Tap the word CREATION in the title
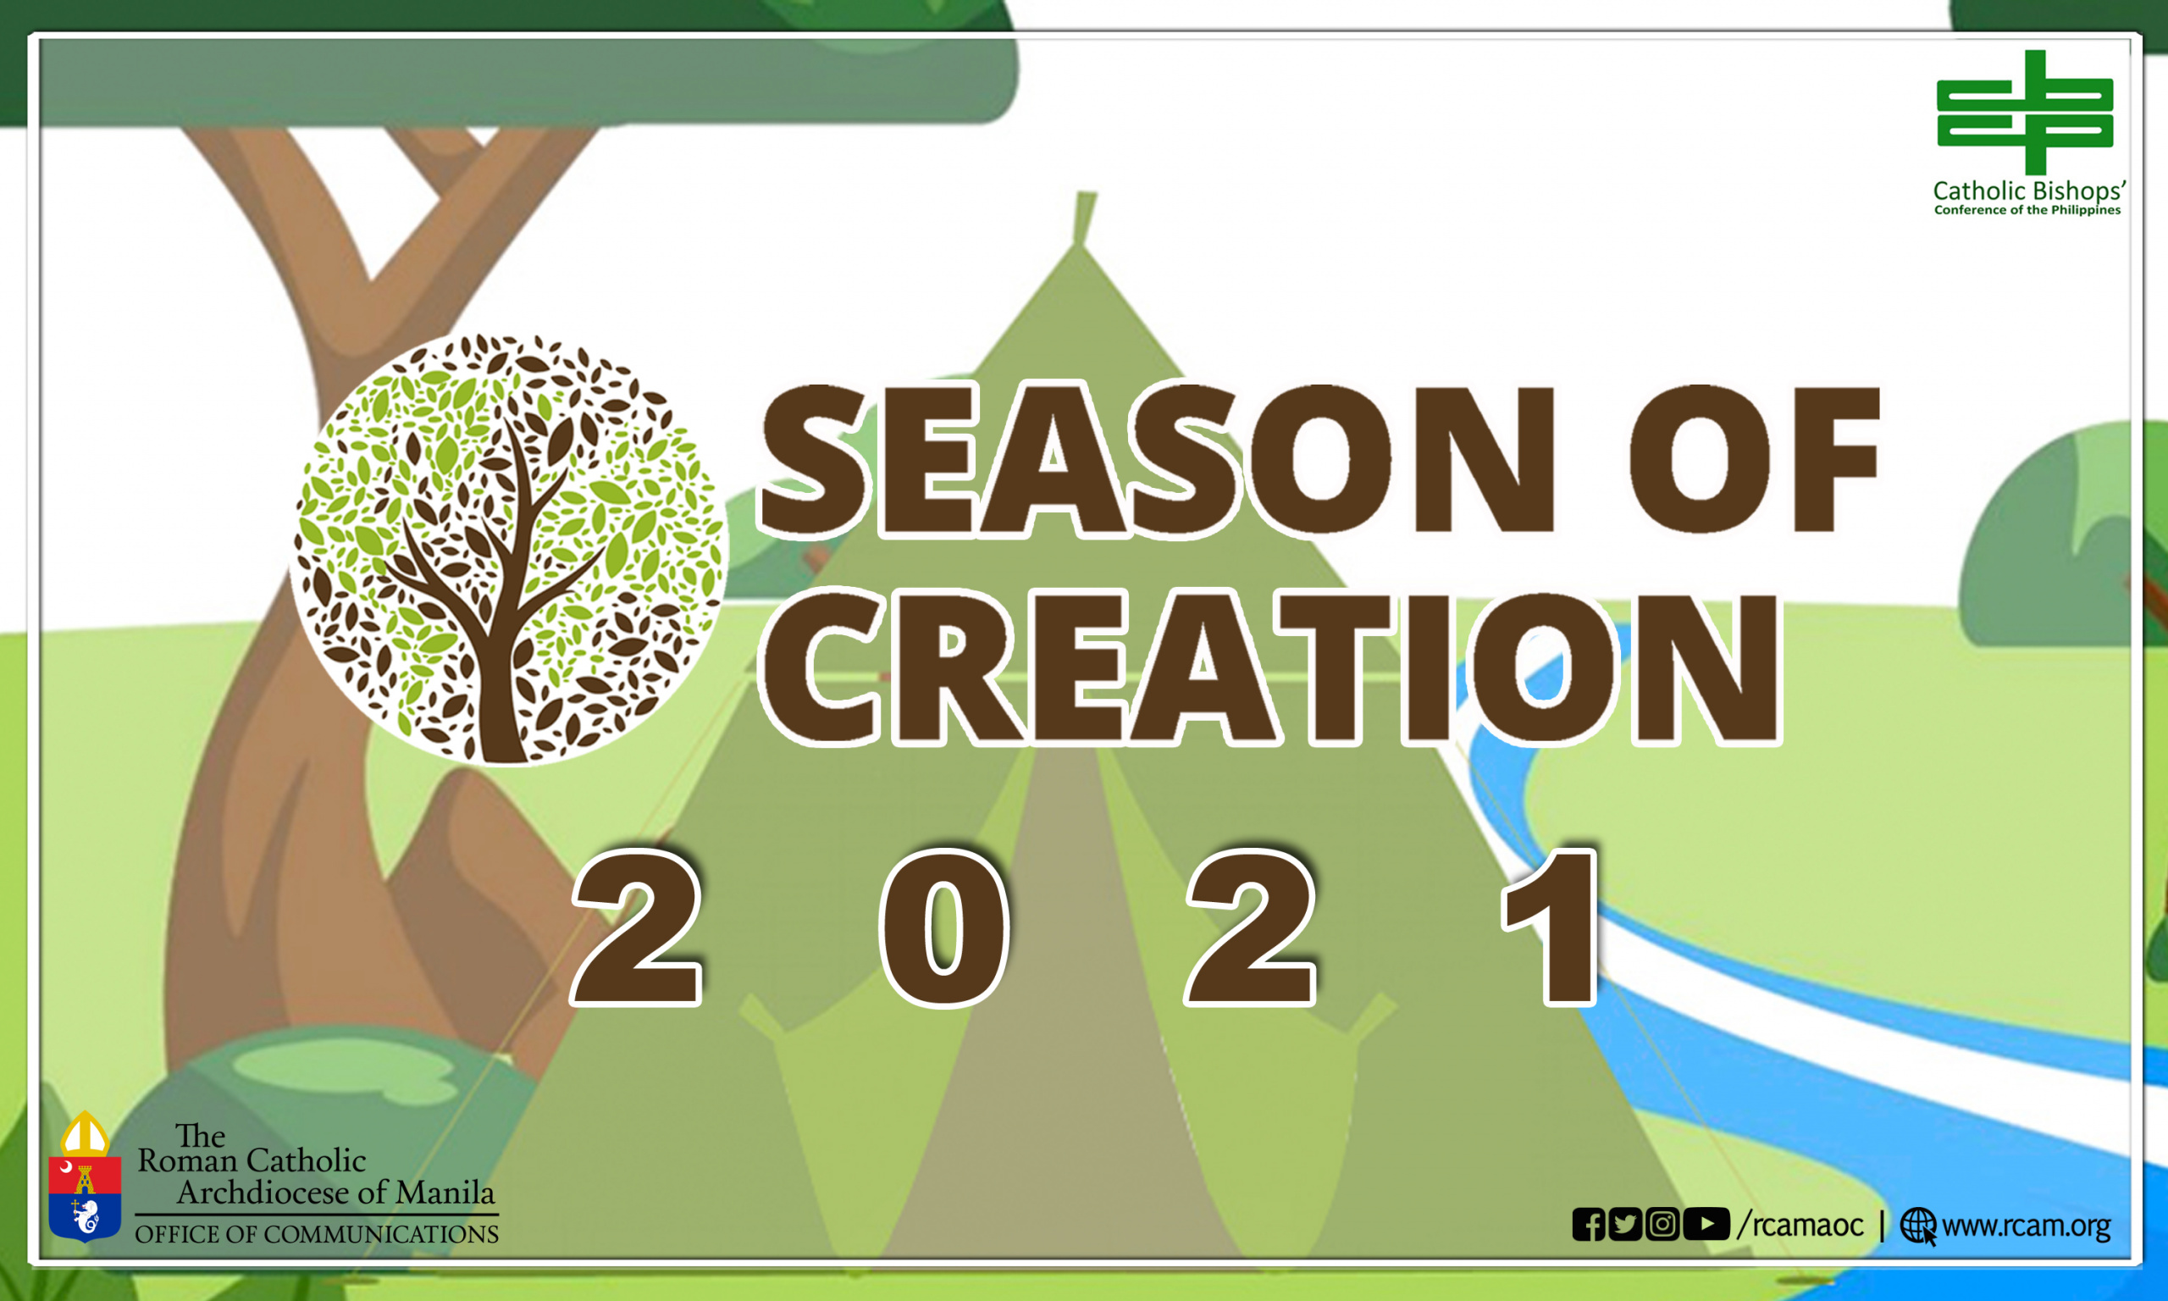(1270, 668)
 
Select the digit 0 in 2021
(944, 927)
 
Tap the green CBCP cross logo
(2025, 112)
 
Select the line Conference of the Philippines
(2027, 210)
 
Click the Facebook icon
(1589, 1225)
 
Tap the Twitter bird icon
(1625, 1225)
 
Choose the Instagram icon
(1662, 1225)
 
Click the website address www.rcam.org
(2027, 1226)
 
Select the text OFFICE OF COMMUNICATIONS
(317, 1234)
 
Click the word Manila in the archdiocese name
(445, 1193)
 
